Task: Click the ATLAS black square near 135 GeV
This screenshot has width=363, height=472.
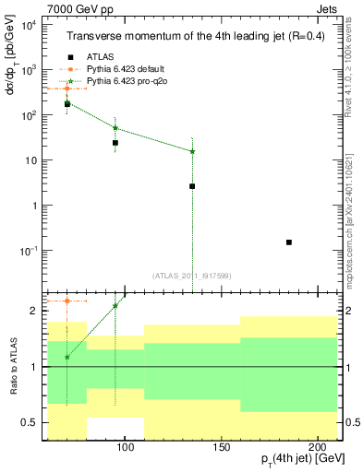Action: click(x=192, y=186)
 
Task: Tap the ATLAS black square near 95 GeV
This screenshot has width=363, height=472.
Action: click(x=115, y=143)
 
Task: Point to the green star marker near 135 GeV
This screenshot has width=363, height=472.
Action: click(x=192, y=151)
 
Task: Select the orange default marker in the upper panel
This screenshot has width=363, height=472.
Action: click(x=67, y=88)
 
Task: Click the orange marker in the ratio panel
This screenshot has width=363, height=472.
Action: click(x=67, y=301)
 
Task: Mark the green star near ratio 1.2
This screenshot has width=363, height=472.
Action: click(x=67, y=357)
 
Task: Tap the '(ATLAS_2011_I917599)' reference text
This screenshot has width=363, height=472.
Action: click(x=192, y=274)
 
